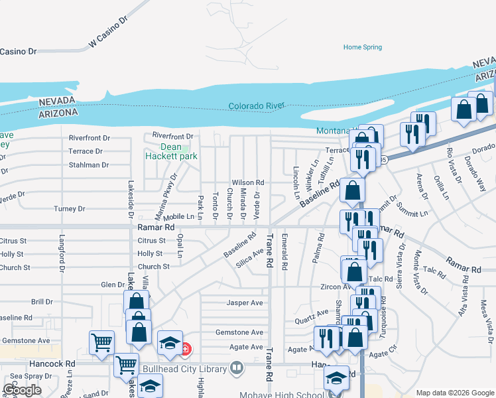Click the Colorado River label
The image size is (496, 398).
[257, 106]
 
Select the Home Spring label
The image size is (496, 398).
[363, 47]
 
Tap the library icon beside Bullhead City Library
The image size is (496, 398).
[237, 367]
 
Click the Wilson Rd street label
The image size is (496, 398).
[248, 182]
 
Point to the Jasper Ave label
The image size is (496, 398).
[245, 302]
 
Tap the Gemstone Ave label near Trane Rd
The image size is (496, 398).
[239, 332]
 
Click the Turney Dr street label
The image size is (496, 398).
[70, 209]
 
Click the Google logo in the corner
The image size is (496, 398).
[23, 390]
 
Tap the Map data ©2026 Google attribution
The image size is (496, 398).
[454, 393]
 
